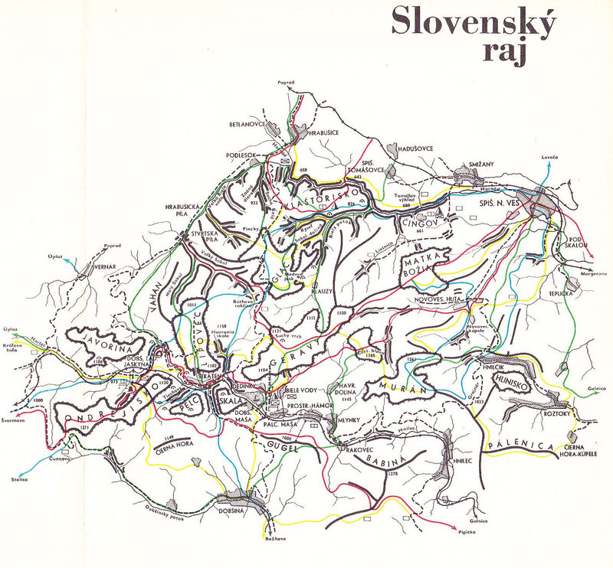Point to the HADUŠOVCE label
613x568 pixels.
(415, 148)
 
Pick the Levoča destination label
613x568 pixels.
(549, 157)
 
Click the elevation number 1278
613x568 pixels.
(394, 476)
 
